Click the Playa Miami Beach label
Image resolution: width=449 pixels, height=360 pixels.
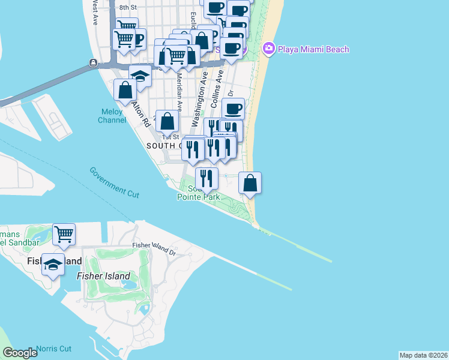[x=313, y=49]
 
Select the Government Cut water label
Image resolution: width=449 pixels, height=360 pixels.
[x=115, y=182]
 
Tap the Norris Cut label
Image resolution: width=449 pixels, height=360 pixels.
[x=53, y=349]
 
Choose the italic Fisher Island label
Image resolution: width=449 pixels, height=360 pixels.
[x=103, y=276]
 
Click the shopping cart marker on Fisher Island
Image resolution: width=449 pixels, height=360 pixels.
[x=63, y=234]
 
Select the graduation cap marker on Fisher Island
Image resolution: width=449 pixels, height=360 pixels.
[x=53, y=264]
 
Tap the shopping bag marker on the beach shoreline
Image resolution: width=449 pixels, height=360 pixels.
[x=250, y=182]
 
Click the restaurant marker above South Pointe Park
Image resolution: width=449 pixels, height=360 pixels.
[x=206, y=178]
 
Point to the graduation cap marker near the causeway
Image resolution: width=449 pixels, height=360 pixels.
[x=140, y=76]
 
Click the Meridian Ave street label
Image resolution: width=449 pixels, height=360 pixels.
[x=179, y=83]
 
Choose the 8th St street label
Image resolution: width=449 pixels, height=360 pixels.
[x=128, y=7]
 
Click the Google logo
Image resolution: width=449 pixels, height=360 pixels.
[x=20, y=353]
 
